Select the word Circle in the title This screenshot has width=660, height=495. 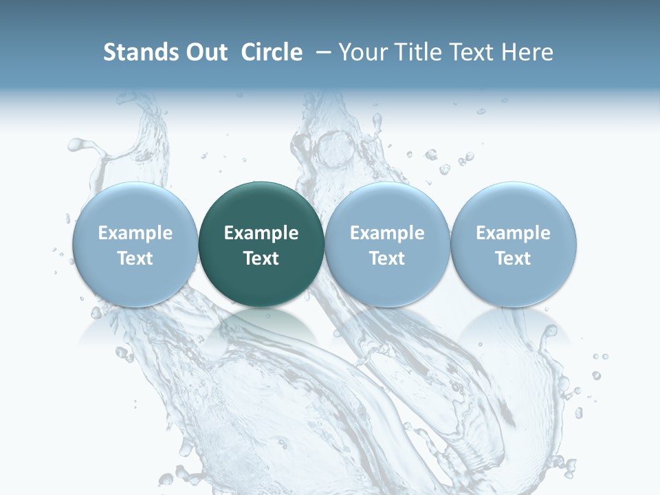(272, 52)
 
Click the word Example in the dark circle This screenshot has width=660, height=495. (261, 233)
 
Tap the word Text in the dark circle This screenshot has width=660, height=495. (261, 258)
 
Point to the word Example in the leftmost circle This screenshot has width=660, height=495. (135, 233)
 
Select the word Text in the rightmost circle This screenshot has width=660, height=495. (513, 258)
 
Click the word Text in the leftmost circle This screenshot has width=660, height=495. (135, 258)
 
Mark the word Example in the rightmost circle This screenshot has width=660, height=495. (513, 233)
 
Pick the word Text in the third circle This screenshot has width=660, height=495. (387, 258)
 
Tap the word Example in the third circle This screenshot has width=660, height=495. (387, 233)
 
